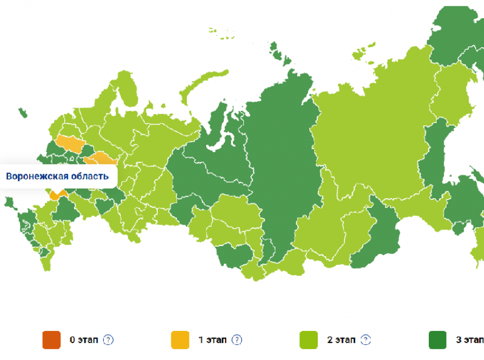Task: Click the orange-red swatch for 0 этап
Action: pos(51,340)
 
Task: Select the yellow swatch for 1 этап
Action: pos(180,340)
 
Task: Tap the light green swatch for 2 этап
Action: pos(309,340)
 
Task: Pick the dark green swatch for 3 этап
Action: pos(437,340)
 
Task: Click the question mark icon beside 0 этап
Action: pos(108,340)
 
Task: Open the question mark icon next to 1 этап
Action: pos(237,340)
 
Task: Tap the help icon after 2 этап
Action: pos(366,340)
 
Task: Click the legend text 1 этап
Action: pos(212,340)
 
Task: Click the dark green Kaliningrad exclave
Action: pos(22,113)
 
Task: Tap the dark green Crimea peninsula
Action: pos(9,202)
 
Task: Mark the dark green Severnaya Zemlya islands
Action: pos(278,54)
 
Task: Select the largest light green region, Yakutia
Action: pos(370,131)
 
